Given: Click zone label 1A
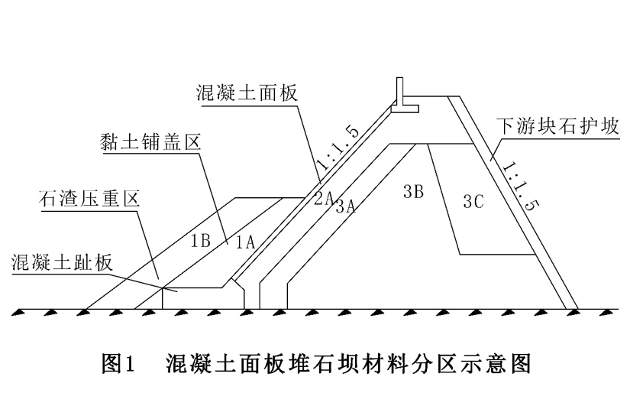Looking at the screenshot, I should point(244,242).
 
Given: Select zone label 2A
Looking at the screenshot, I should point(322,198).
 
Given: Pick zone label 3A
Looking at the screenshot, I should point(345,204).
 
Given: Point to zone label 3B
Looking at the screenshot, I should point(412,192).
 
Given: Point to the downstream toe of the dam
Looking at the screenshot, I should point(571,309).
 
